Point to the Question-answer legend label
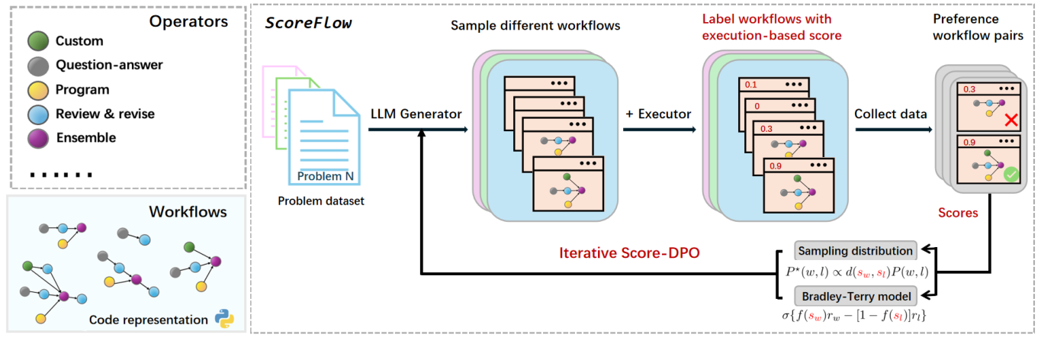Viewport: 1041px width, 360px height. [x=109, y=65]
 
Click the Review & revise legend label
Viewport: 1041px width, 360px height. [x=104, y=114]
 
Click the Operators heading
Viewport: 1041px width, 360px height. [x=189, y=21]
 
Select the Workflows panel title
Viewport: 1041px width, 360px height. [x=188, y=211]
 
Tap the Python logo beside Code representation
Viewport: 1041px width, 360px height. [x=223, y=319]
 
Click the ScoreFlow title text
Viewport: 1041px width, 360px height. [x=308, y=22]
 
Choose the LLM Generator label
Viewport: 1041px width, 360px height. [x=416, y=114]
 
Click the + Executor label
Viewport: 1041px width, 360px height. [x=658, y=114]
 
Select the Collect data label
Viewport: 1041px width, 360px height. [x=890, y=114]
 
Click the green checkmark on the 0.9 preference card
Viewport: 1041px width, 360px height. [x=1011, y=175]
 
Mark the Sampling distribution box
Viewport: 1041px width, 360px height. [x=854, y=250]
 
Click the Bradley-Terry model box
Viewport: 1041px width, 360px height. [x=854, y=296]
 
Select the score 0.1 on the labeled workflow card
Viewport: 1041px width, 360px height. [x=750, y=85]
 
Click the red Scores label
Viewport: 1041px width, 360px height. [x=959, y=213]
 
